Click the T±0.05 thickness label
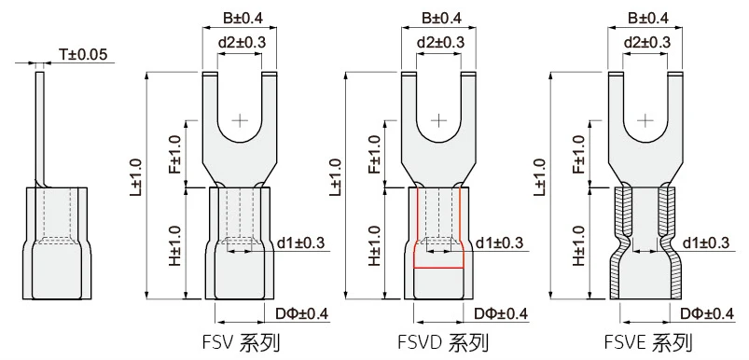83,54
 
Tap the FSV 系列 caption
241,343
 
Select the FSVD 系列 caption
443,343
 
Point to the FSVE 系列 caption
647,343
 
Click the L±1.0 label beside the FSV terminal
136,176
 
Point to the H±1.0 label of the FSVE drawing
579,245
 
